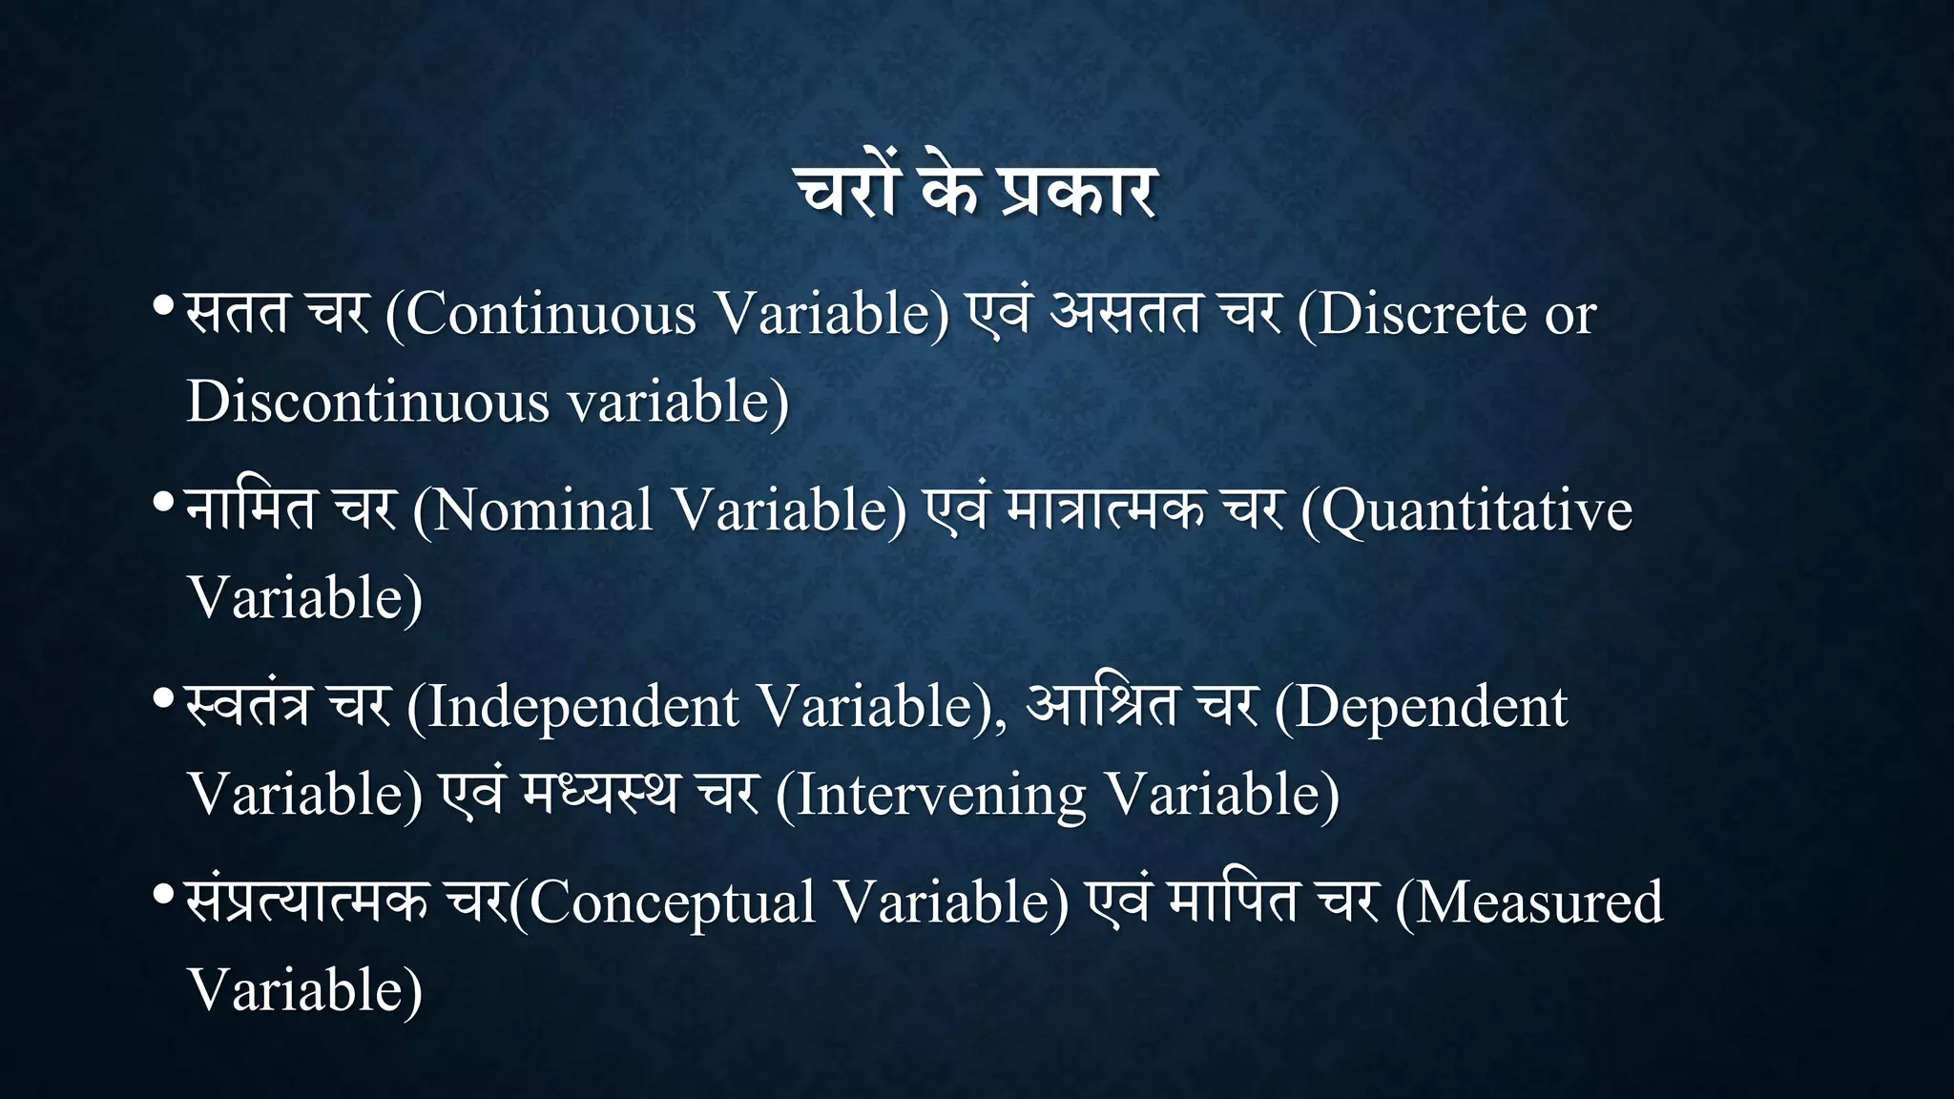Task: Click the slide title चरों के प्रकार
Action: pos(977,191)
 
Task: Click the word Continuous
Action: pos(551,314)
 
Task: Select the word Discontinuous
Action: pos(368,402)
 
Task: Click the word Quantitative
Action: pos(1477,510)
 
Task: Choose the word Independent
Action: pos(583,707)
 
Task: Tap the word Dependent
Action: pos(1431,707)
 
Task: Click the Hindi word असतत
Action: pos(1124,314)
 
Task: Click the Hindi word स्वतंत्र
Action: pos(248,707)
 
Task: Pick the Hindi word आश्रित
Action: pos(1102,707)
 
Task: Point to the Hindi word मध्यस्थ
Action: pos(600,795)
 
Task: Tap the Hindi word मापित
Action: pos(1233,902)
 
